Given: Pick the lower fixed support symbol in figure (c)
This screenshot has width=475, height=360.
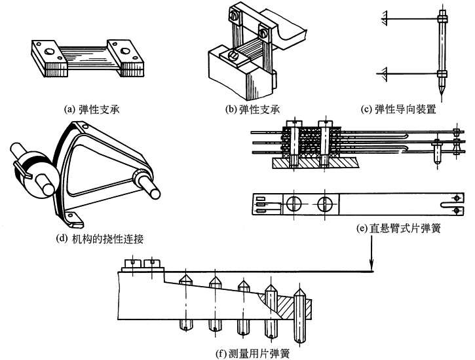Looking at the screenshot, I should coord(385,73).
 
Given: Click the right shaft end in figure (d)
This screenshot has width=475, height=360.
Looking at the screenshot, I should coord(154,190).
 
